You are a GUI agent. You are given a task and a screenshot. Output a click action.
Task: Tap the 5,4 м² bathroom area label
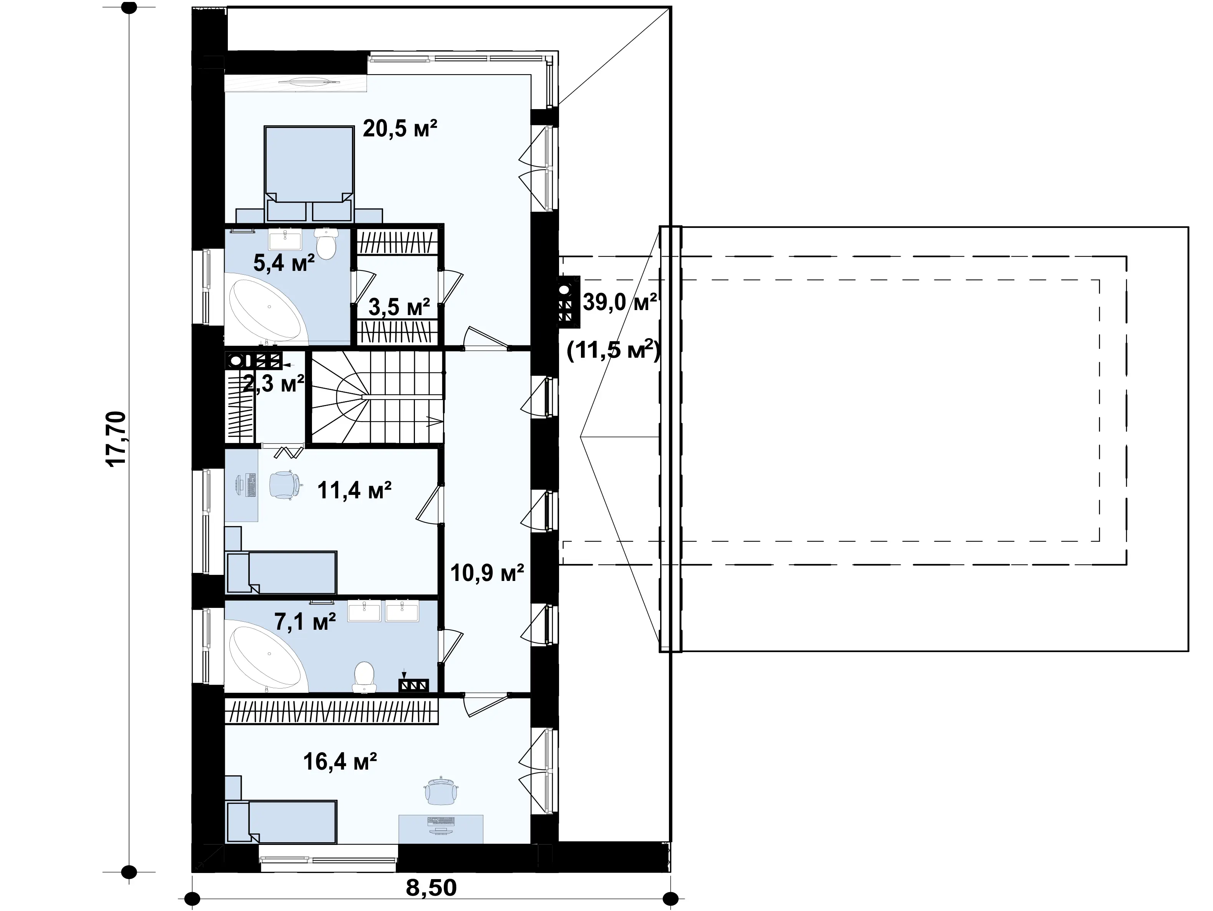pyautogui.click(x=284, y=263)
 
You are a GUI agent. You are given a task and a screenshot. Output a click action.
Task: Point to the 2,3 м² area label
pyautogui.click(x=273, y=384)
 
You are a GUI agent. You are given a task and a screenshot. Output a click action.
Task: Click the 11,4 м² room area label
pyautogui.click(x=354, y=490)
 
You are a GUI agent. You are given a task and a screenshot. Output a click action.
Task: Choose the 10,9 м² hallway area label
pyautogui.click(x=487, y=573)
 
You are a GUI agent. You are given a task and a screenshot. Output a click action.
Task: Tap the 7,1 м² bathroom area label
pyautogui.click(x=305, y=622)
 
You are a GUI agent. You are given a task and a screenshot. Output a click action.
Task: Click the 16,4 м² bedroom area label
pyautogui.click(x=340, y=761)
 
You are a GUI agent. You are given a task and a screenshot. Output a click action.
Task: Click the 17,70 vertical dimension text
pyautogui.click(x=117, y=439)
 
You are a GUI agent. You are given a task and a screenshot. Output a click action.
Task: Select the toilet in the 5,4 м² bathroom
pyautogui.click(x=327, y=244)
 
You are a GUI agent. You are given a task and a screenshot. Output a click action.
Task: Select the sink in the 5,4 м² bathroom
pyautogui.click(x=285, y=240)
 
